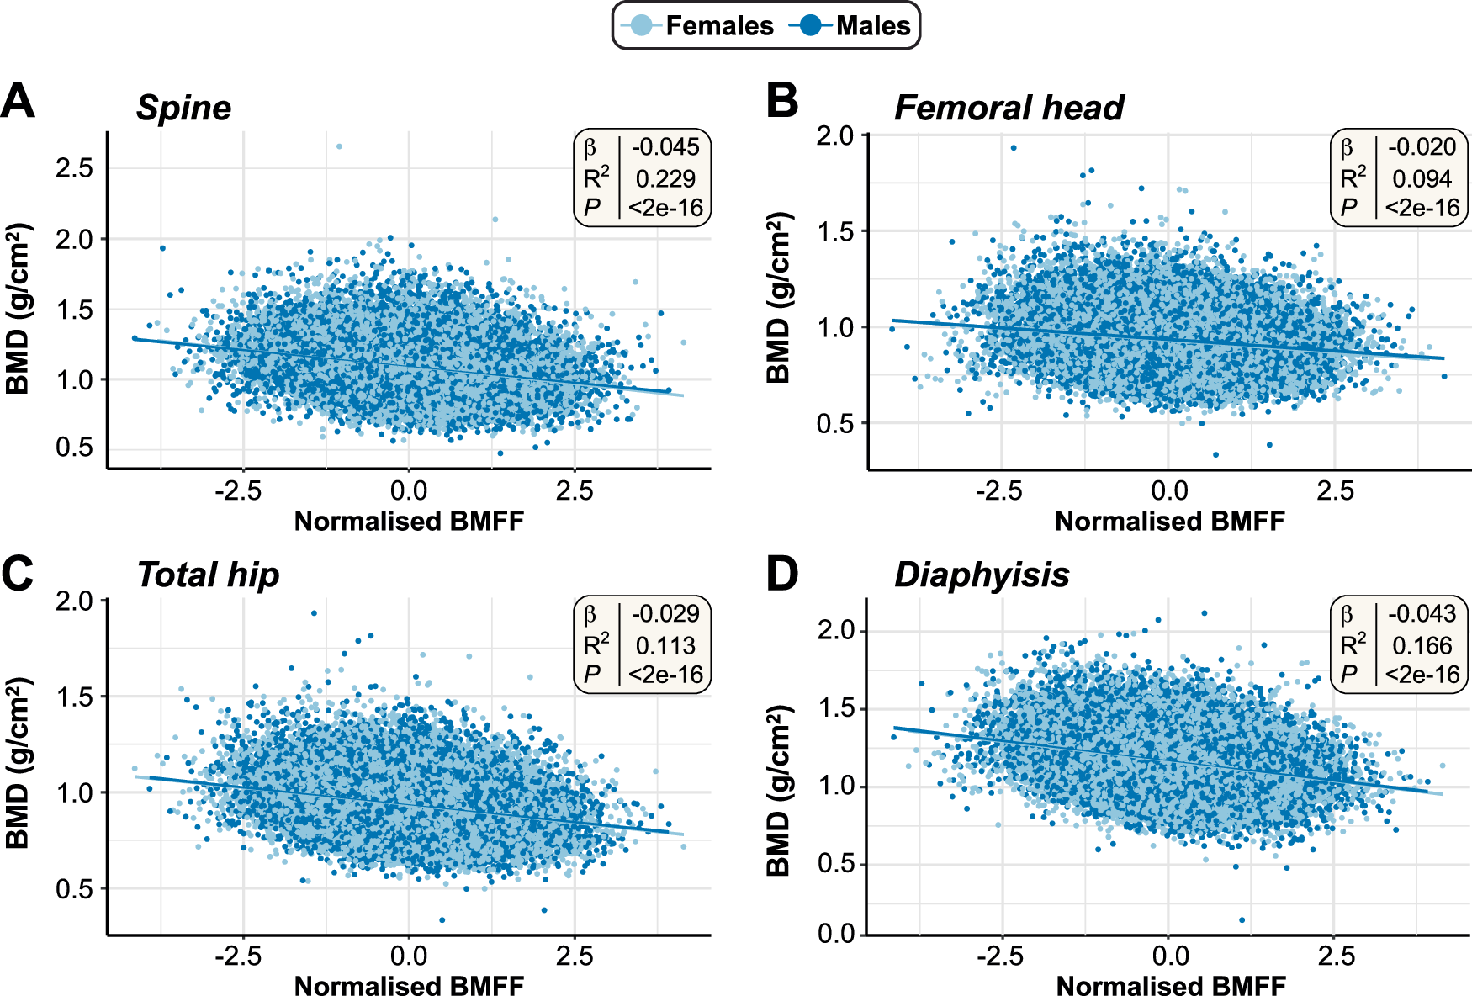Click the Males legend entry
[851, 26]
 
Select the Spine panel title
[183, 108]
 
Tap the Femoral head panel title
[1009, 108]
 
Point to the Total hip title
[208, 575]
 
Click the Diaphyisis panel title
[982, 575]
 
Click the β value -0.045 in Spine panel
[665, 147]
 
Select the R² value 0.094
[1422, 178]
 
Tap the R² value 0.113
[665, 645]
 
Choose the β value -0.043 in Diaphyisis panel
[1422, 614]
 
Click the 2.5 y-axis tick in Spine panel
[74, 167]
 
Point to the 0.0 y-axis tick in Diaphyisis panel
[836, 934]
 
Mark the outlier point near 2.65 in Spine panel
[339, 146]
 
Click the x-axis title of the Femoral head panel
[1169, 522]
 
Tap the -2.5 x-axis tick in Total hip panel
[238, 956]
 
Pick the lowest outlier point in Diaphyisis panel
[1242, 920]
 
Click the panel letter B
[781, 101]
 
